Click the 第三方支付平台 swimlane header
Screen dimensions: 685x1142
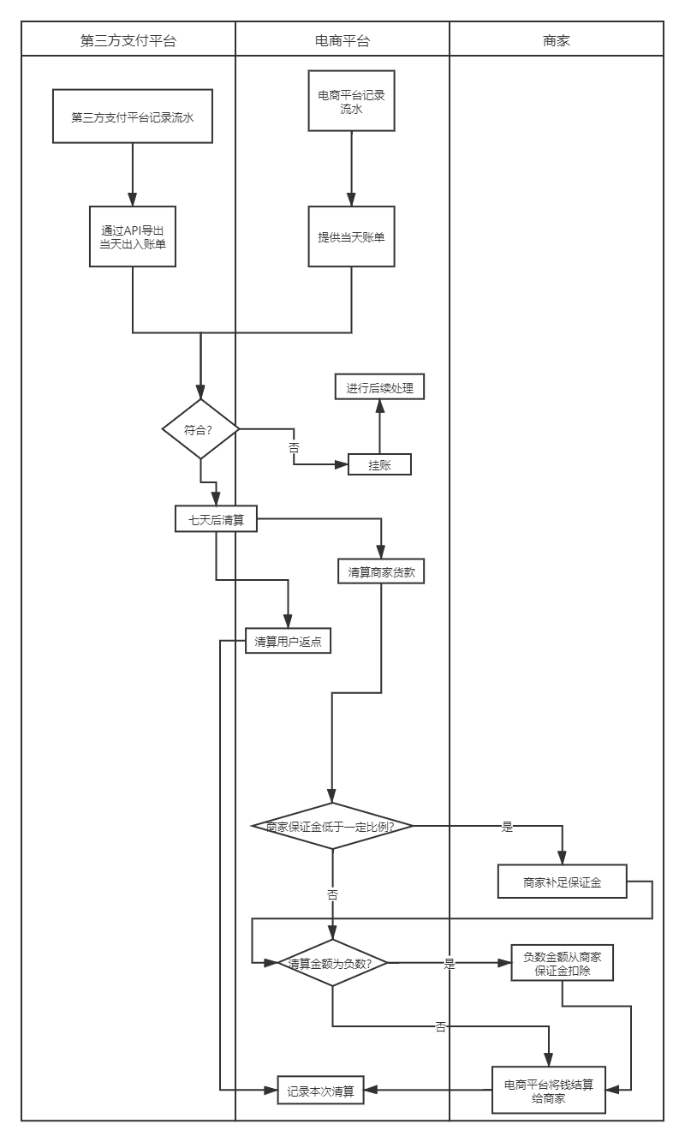tap(128, 39)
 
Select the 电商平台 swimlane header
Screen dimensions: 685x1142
tap(342, 39)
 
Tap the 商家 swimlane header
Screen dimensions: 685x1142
tap(557, 39)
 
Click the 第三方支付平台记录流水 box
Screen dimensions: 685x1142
tap(132, 117)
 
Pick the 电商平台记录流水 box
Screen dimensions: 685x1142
tap(351, 101)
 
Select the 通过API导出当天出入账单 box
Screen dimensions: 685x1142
tap(133, 236)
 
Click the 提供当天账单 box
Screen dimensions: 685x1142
tap(351, 236)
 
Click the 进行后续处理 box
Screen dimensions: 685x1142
tap(379, 388)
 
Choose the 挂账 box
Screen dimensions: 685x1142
tap(379, 464)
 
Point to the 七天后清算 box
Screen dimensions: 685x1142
tap(216, 518)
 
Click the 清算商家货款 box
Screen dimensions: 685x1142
tap(382, 571)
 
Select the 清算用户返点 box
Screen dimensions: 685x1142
tap(288, 642)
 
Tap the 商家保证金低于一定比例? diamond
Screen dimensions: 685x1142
tap(332, 827)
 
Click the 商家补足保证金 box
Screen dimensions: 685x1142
tap(562, 882)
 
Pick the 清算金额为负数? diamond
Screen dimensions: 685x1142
tap(332, 963)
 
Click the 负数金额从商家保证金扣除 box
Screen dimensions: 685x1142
tap(562, 963)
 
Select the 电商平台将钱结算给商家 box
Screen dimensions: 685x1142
tap(549, 1090)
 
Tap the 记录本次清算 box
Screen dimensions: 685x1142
tap(321, 1091)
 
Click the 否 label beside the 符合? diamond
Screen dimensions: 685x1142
tap(294, 446)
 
